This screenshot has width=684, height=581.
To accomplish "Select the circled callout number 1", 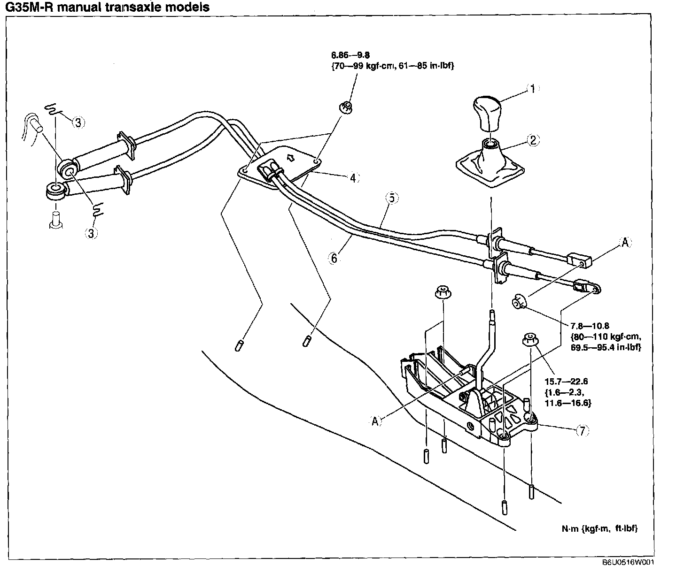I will (532, 88).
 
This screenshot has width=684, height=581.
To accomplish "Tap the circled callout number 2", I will (533, 140).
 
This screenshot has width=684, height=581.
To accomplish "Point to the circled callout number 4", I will (354, 178).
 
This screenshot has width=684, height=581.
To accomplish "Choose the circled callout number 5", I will (392, 199).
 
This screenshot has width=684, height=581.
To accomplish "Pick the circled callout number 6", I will (334, 258).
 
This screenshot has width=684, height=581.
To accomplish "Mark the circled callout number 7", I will (582, 430).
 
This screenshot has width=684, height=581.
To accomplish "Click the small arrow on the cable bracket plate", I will (291, 158).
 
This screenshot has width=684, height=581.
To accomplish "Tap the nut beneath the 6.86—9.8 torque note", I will (346, 107).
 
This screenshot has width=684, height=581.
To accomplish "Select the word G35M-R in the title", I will (31, 7).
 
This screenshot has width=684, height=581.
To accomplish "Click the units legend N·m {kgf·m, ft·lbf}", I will (599, 528).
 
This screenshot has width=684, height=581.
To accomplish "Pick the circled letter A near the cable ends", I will (625, 243).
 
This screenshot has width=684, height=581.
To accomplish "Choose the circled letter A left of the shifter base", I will (375, 421).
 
